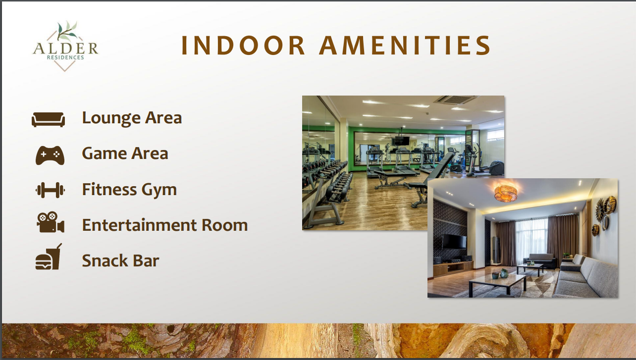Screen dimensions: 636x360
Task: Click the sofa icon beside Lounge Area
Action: click(48, 119)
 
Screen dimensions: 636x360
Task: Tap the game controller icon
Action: click(50, 155)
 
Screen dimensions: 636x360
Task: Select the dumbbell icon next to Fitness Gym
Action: click(50, 190)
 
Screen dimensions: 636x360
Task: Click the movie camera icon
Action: click(51, 222)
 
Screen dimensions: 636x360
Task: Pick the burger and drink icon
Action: click(48, 257)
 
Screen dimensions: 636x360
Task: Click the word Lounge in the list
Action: click(111, 118)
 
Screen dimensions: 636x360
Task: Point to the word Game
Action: click(104, 154)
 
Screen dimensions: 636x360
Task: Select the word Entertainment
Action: click(139, 225)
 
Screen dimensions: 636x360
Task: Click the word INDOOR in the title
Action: click(243, 46)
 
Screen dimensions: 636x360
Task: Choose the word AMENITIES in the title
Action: click(405, 46)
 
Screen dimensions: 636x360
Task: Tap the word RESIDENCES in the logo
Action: click(65, 57)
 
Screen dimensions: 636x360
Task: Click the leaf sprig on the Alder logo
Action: click(67, 31)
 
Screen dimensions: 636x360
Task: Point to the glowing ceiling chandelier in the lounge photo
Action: click(506, 193)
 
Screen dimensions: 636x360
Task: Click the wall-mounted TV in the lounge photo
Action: click(454, 242)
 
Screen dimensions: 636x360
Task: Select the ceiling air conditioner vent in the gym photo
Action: click(456, 100)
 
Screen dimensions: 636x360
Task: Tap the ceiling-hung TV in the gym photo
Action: click(401, 141)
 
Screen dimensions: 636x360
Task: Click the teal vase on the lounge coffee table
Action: click(504, 273)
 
